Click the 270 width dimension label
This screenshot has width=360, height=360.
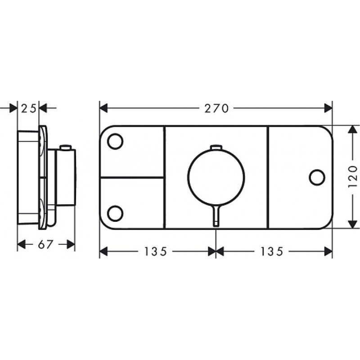pyautogui.click(x=216, y=108)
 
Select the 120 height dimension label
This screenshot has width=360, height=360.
pyautogui.click(x=353, y=177)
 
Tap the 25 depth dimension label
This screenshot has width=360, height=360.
pyautogui.click(x=28, y=108)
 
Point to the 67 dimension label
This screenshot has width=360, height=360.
pyautogui.click(x=45, y=245)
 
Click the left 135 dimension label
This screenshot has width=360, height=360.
pyautogui.click(x=155, y=252)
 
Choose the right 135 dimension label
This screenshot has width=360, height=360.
pyautogui.click(x=272, y=252)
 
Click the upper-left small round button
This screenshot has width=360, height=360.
pyautogui.click(x=115, y=141)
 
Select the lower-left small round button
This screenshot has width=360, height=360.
pyautogui.click(x=115, y=213)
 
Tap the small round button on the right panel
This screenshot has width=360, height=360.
pyautogui.click(x=317, y=177)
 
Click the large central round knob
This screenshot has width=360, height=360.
pyautogui.click(x=216, y=177)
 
